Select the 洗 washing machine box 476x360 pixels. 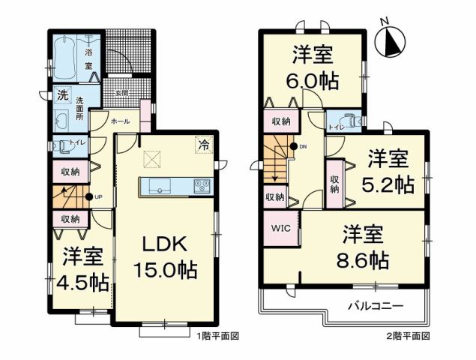click(64, 95)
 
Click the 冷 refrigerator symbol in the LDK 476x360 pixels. click(203, 145)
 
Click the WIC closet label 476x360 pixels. click(280, 226)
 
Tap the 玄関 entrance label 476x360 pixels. click(121, 93)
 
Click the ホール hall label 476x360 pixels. click(119, 121)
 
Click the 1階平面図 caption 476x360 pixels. click(219, 337)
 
